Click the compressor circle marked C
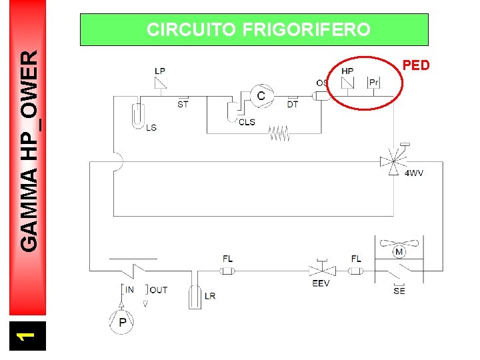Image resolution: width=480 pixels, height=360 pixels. [x=261, y=97]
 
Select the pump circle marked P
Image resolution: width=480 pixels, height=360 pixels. [x=123, y=322]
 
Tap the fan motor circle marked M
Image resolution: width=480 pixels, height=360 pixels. [x=399, y=252]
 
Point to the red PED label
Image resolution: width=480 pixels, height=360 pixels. [x=417, y=65]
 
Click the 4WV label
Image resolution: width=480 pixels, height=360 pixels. [x=414, y=173]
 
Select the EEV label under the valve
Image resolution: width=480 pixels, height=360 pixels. [x=321, y=283]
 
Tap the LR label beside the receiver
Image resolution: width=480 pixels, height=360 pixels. [x=210, y=296]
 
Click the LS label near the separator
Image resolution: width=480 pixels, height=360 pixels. [x=151, y=127]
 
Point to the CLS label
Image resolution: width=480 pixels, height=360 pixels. [x=247, y=122]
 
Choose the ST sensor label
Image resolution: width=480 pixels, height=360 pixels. [x=183, y=104]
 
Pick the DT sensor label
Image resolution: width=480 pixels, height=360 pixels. [x=293, y=104]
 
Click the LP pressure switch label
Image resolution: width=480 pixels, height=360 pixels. [x=160, y=71]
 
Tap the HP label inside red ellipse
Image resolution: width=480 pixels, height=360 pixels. [x=347, y=71]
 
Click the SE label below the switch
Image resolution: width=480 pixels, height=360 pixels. [x=399, y=291]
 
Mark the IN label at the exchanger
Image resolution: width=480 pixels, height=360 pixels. [x=129, y=289]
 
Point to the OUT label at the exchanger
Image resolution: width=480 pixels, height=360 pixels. [x=159, y=289]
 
